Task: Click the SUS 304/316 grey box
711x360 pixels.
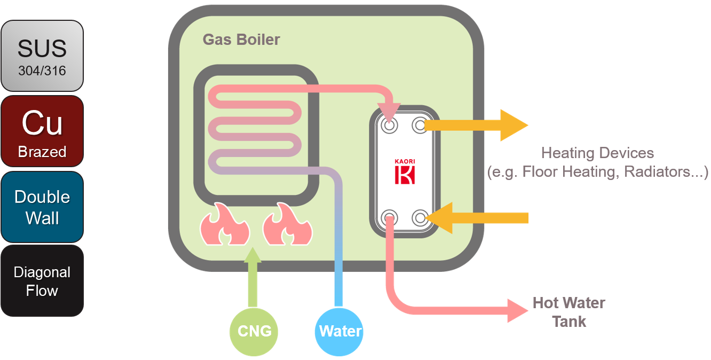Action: (x=42, y=56)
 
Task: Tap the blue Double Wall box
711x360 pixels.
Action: (x=42, y=207)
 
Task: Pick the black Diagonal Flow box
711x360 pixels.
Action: (x=42, y=281)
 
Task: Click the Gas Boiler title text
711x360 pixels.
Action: (x=241, y=40)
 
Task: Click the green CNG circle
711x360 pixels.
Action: (x=254, y=331)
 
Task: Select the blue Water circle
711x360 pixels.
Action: (x=340, y=331)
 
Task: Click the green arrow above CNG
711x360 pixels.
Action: (x=252, y=278)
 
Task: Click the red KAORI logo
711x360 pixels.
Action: (x=405, y=171)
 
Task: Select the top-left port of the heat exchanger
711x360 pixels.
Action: (x=390, y=126)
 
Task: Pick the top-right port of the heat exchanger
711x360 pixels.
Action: (x=420, y=126)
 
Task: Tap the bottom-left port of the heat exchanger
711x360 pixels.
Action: (x=390, y=217)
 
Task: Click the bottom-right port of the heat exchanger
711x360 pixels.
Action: (x=420, y=217)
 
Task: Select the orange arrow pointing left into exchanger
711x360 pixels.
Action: (x=480, y=217)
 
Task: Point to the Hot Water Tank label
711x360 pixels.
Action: (x=569, y=312)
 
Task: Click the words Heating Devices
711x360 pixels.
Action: (x=597, y=153)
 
